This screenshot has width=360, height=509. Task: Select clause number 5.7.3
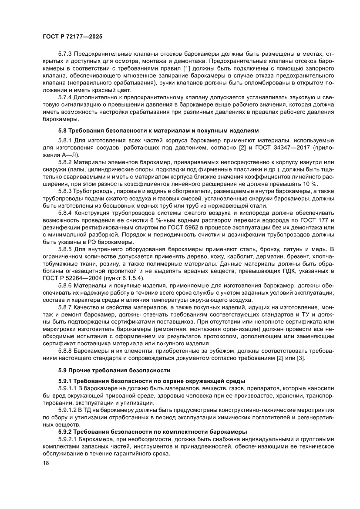coord(66,54)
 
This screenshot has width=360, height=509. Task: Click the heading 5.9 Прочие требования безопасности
coord(114,371)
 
